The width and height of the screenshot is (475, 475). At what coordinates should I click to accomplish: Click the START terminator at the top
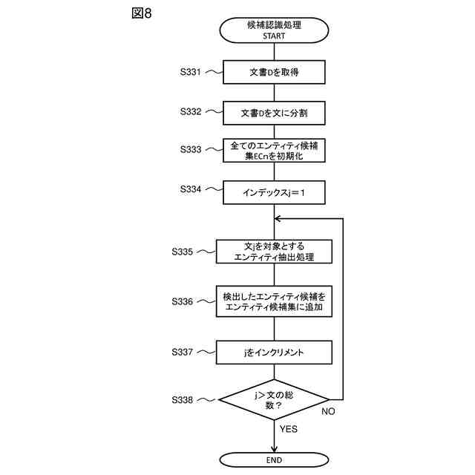click(274, 30)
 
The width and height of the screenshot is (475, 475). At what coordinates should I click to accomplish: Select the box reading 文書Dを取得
click(274, 72)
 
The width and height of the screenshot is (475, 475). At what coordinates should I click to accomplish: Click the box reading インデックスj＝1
click(274, 191)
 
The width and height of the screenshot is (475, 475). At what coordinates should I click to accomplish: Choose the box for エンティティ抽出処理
click(274, 252)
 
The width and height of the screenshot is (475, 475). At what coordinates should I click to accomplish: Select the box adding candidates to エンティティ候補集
click(274, 301)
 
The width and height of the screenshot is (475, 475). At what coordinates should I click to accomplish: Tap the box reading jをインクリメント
click(274, 351)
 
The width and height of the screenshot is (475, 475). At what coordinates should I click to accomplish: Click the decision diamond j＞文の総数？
click(274, 400)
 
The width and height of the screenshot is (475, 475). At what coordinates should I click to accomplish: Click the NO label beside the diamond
click(329, 410)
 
